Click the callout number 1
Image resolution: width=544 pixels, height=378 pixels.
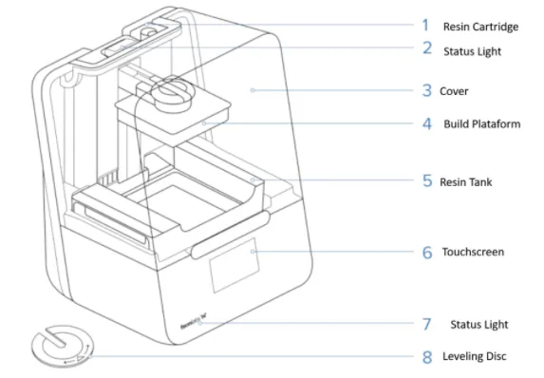tap(425, 25)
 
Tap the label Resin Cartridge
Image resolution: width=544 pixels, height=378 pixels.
tap(480, 27)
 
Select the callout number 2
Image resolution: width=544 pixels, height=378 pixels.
tap(427, 47)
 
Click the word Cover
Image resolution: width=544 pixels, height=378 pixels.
tap(454, 91)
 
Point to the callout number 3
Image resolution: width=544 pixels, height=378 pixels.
tap(427, 90)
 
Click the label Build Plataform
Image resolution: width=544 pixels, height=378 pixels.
tap(482, 123)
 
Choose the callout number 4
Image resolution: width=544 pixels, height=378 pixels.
tap(427, 123)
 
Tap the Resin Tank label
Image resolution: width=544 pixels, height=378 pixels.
tap(465, 182)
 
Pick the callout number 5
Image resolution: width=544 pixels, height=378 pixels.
tap(427, 180)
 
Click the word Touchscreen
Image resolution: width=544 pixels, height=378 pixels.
tap(473, 252)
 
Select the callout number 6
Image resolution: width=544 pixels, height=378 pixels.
tap(427, 253)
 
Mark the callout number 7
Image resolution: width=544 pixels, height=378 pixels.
tap(427, 324)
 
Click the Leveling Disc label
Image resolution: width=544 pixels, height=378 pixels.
tap(475, 356)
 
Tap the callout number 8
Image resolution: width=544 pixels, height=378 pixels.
tap(427, 357)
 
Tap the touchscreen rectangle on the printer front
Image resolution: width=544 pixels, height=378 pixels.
tap(234, 265)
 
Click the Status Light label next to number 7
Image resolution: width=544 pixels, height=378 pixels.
tap(479, 325)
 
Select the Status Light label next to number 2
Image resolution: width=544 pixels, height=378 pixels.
tap(472, 51)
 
